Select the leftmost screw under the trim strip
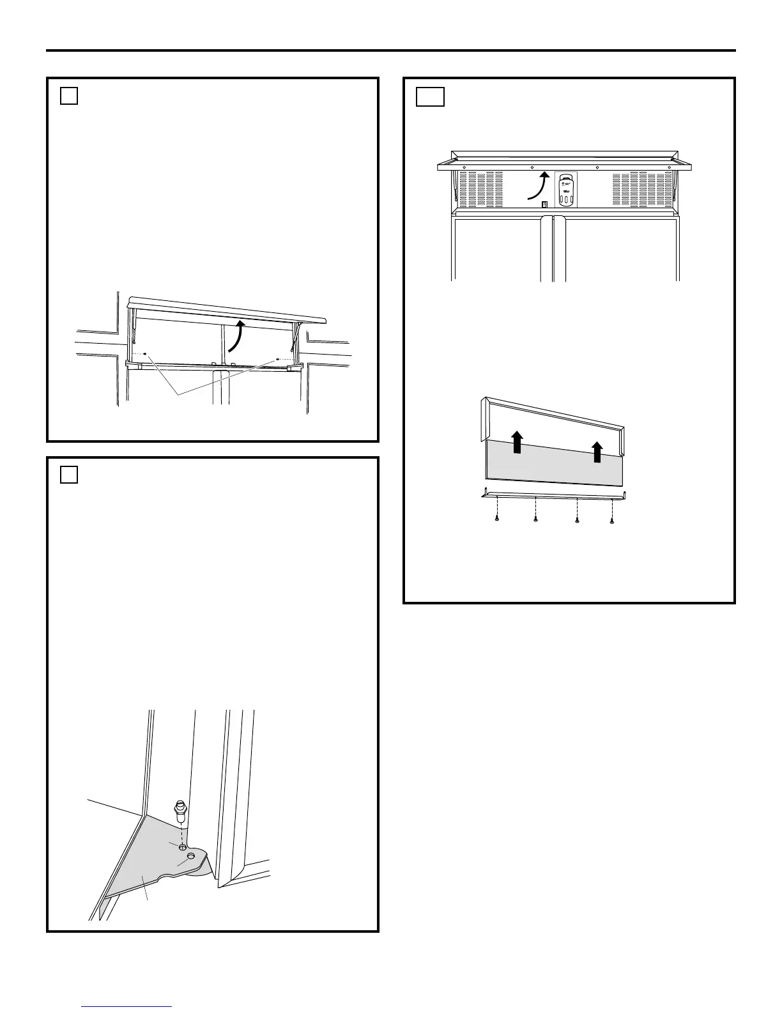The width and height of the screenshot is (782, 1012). tap(496, 520)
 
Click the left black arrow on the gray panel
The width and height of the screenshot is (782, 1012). tap(517, 441)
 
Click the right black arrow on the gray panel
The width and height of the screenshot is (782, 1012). tap(597, 451)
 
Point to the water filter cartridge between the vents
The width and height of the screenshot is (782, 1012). tap(565, 190)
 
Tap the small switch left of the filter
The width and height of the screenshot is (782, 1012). tap(544, 204)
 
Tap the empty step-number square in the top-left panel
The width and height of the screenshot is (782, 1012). tap(69, 96)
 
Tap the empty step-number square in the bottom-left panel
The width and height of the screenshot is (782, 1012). tap(69, 475)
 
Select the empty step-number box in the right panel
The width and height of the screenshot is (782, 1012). tap(430, 96)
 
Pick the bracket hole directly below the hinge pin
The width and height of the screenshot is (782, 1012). tap(183, 847)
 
